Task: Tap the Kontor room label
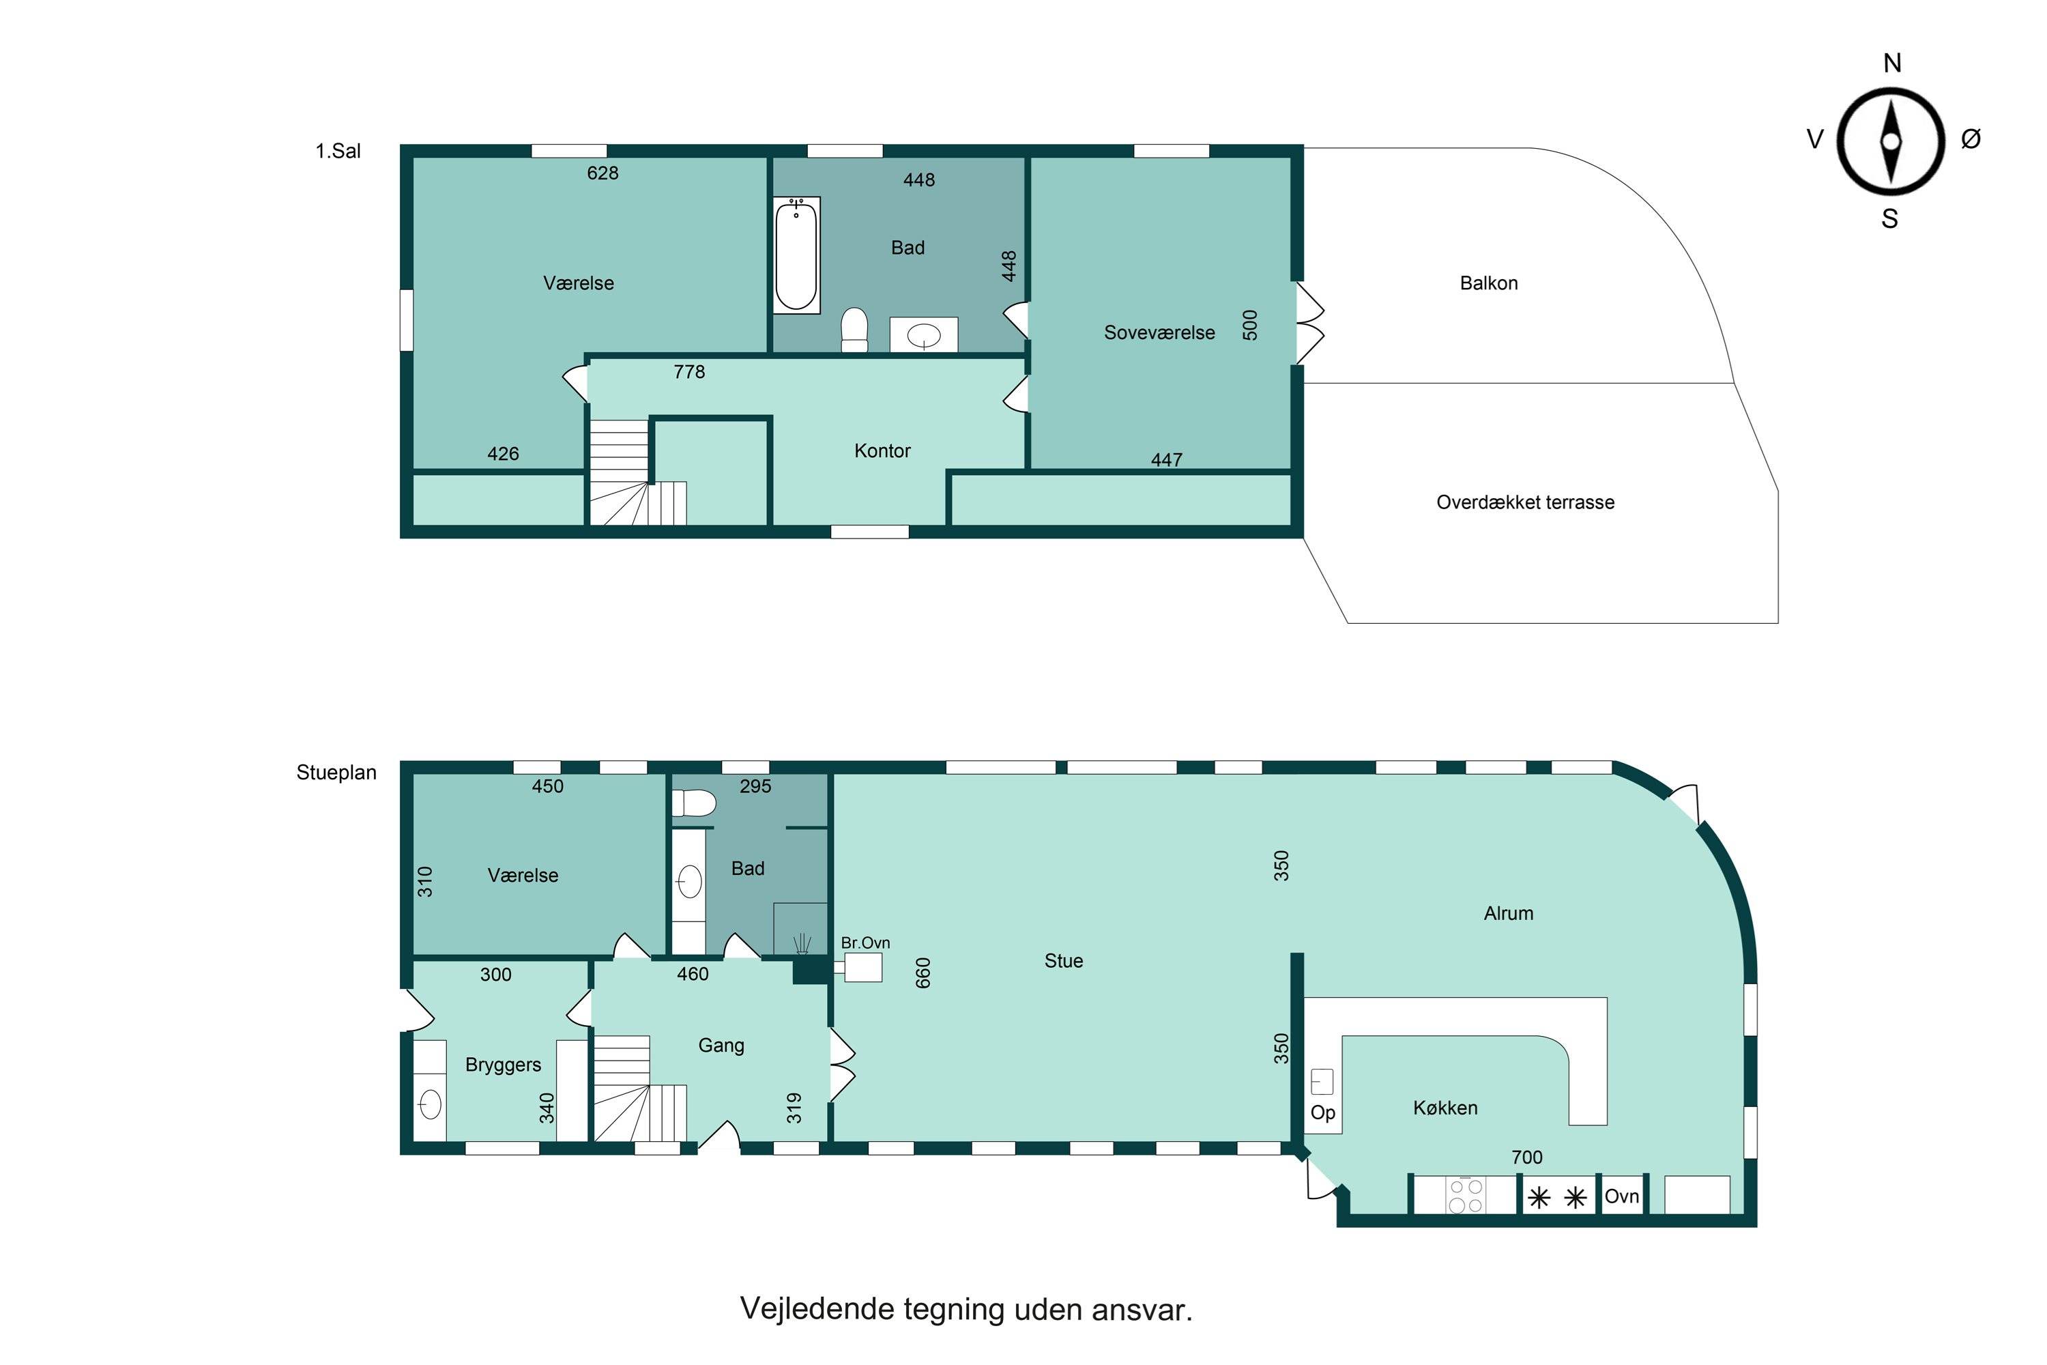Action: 882,451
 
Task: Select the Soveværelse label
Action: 1159,332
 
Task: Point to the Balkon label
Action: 1488,283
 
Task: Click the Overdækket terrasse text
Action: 1525,502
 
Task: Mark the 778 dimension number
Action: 689,372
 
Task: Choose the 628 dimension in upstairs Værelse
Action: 603,173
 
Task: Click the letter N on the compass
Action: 1891,63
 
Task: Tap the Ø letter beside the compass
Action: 1971,139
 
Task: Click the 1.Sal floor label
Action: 338,152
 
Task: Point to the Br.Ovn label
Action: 865,943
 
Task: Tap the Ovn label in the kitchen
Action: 1621,1196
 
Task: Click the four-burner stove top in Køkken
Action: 1466,1195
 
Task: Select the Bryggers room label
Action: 503,1065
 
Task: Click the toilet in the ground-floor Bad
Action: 694,803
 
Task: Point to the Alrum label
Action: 1508,913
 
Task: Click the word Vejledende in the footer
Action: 816,1309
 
